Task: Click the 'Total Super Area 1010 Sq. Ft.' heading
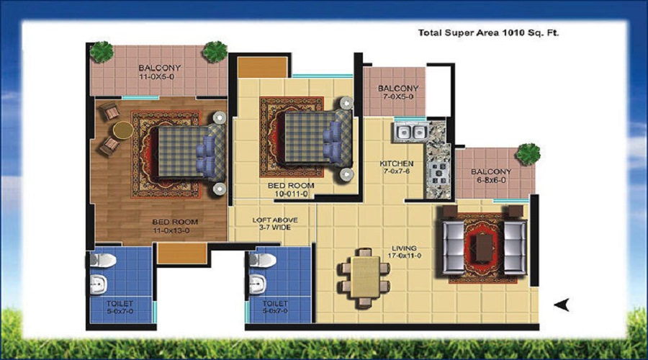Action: [x=488, y=32]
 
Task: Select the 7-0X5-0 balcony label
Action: [x=398, y=94]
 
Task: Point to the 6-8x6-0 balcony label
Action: [x=491, y=176]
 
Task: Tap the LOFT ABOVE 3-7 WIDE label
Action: [x=274, y=224]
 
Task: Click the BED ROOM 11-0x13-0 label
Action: [x=175, y=226]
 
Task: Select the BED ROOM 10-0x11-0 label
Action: [x=292, y=189]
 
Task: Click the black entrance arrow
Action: [x=562, y=305]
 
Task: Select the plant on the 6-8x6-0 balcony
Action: [x=528, y=153]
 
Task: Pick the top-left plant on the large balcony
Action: [x=102, y=50]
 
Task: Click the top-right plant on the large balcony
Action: [x=214, y=50]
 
